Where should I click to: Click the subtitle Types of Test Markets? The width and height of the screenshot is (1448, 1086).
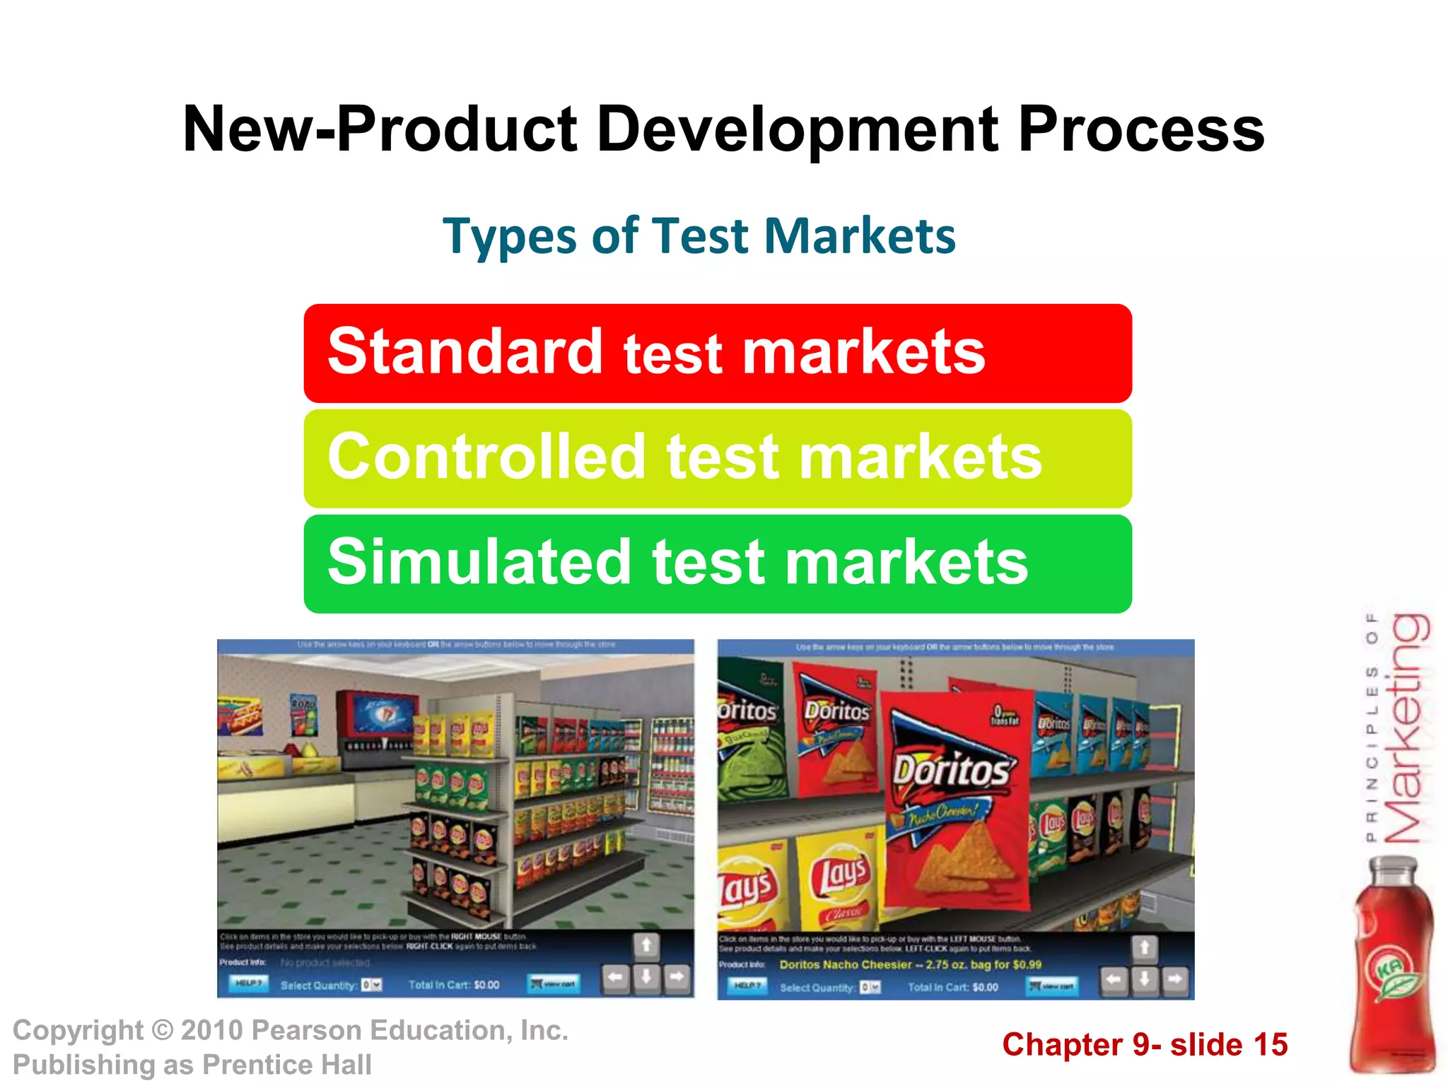tap(699, 236)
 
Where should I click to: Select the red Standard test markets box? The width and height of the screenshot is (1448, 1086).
tap(717, 353)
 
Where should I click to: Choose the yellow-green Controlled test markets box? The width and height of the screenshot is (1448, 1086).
tap(717, 458)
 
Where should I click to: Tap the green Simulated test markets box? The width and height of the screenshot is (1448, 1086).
tap(717, 564)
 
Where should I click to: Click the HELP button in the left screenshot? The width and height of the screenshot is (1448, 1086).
tap(248, 983)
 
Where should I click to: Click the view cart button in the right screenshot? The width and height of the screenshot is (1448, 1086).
tap(1051, 986)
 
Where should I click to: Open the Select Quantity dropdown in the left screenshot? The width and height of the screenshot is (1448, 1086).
tap(372, 985)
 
